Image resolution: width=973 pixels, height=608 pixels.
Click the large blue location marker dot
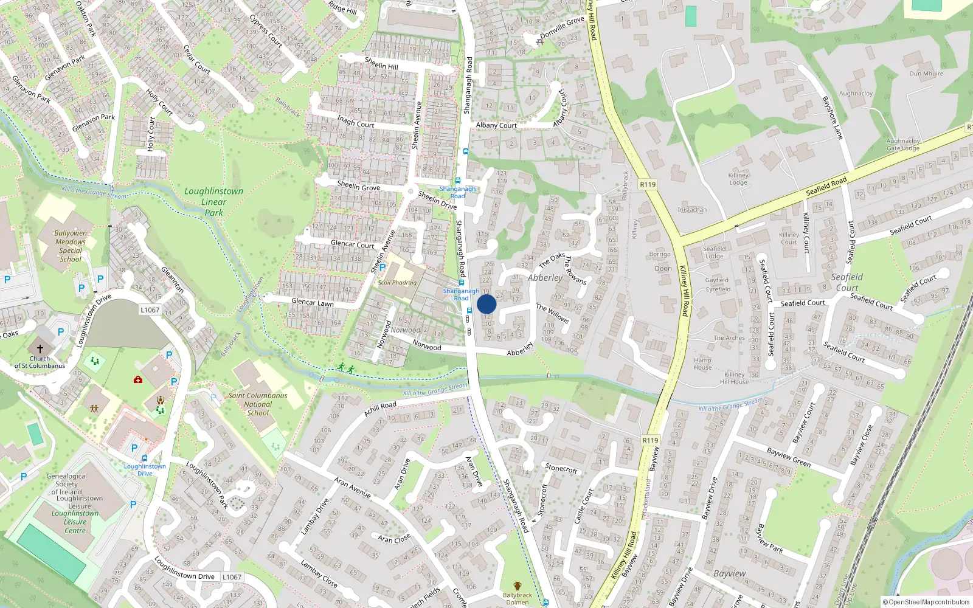tap(486, 305)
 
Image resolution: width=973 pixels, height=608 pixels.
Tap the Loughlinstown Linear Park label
tap(213, 202)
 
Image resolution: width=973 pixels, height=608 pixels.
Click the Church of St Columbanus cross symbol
tap(40, 348)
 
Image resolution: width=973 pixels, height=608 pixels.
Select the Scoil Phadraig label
tap(397, 283)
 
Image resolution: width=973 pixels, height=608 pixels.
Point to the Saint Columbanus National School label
tap(258, 404)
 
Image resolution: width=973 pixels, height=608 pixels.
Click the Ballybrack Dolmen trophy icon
tap(518, 586)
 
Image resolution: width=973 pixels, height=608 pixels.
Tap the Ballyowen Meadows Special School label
tap(71, 246)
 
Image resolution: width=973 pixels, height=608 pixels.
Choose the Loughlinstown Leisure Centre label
tap(75, 522)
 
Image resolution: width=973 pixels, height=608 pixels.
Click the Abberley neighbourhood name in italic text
tap(545, 278)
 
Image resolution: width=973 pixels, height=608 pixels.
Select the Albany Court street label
tap(496, 125)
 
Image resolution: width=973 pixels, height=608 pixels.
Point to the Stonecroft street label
tap(561, 468)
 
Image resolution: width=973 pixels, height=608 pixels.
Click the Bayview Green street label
tap(788, 457)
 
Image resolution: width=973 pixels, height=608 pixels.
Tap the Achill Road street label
tap(380, 409)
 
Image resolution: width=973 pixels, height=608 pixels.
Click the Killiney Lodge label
tap(738, 179)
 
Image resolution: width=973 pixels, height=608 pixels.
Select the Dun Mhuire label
tap(926, 74)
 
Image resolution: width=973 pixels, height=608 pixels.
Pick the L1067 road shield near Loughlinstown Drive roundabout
tap(150, 309)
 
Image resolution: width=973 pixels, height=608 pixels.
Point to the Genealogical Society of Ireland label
tap(67, 484)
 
